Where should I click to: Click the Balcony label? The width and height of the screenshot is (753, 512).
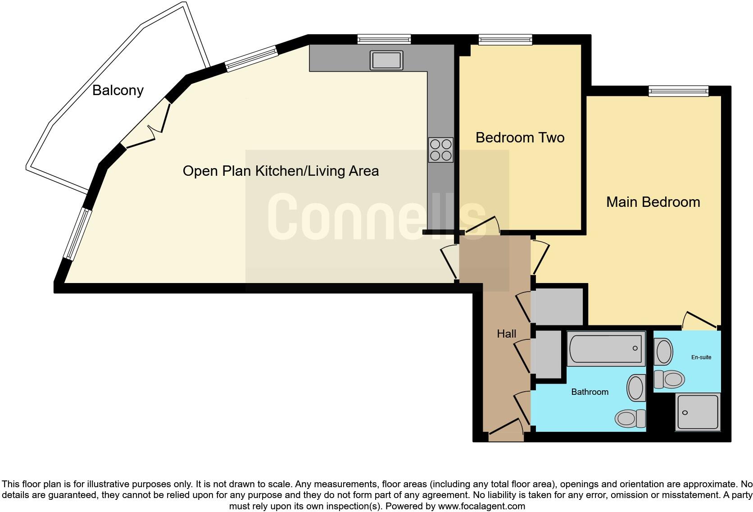[118, 91]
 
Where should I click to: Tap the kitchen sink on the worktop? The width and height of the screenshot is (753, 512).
[386, 60]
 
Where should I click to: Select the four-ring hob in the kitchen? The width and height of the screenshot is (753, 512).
[440, 150]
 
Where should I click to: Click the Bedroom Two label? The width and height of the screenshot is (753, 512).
[520, 137]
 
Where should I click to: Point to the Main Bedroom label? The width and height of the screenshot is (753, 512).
[653, 202]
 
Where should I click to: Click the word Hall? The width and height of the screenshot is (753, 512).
[506, 334]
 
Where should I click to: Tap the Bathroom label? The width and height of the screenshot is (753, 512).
[590, 392]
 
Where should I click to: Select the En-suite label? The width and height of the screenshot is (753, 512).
[701, 357]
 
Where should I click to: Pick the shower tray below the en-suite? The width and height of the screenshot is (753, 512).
[697, 412]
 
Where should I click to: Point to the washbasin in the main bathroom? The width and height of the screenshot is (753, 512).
[635, 388]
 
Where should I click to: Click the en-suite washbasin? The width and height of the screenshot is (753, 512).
[663, 352]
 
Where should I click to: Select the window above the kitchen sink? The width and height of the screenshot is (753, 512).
[384, 40]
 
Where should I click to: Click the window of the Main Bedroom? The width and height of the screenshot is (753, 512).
[678, 91]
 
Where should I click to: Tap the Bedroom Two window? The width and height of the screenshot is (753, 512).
[505, 40]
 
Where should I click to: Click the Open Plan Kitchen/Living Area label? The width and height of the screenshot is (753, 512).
[281, 171]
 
